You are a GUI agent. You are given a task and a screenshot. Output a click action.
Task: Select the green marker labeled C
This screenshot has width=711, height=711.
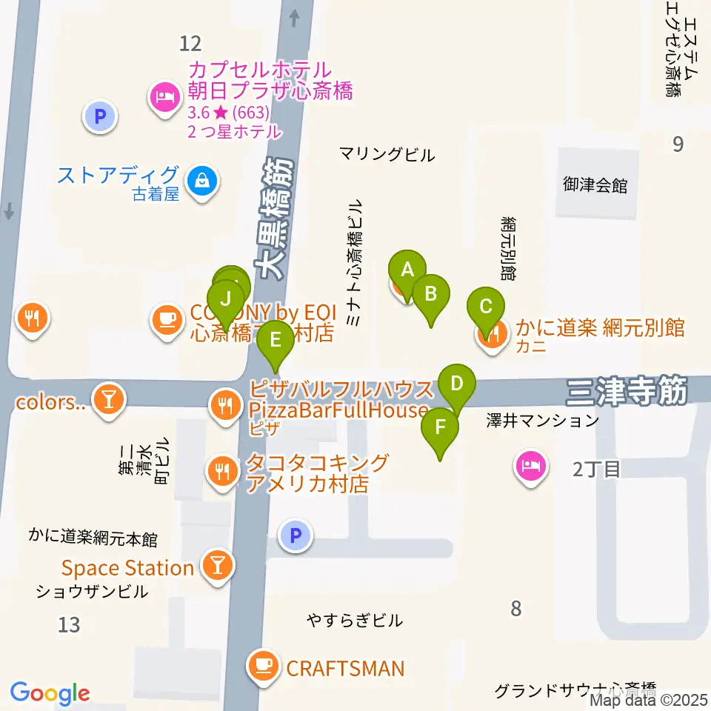486,307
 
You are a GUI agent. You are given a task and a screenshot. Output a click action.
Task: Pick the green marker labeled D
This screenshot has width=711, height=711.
457,384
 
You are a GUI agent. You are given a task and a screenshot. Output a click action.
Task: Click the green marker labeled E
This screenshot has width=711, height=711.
276,341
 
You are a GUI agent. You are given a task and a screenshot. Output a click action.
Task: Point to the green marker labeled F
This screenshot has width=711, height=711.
440,427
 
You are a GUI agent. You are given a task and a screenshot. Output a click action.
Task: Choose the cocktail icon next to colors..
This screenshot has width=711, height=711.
110,399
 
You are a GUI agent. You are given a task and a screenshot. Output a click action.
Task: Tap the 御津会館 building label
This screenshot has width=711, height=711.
595,185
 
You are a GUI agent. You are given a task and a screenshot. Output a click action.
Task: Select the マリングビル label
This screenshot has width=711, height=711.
387,155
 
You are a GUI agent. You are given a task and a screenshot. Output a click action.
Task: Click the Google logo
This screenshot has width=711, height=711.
50,692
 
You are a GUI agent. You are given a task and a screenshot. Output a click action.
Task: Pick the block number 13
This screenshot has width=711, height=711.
68,625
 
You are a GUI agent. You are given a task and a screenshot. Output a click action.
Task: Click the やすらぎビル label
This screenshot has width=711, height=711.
355,620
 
